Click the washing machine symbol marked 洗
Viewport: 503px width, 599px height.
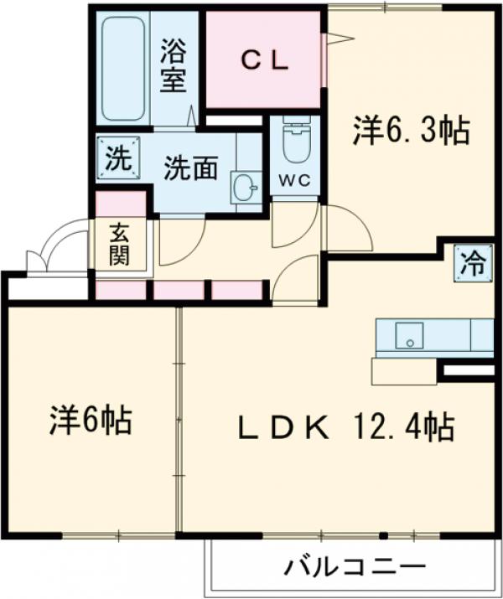click(117, 157)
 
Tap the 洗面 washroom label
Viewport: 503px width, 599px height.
click(190, 168)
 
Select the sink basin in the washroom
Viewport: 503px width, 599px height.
click(246, 188)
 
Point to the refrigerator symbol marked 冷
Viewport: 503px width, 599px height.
click(474, 264)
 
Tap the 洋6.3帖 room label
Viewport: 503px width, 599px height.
click(410, 130)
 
